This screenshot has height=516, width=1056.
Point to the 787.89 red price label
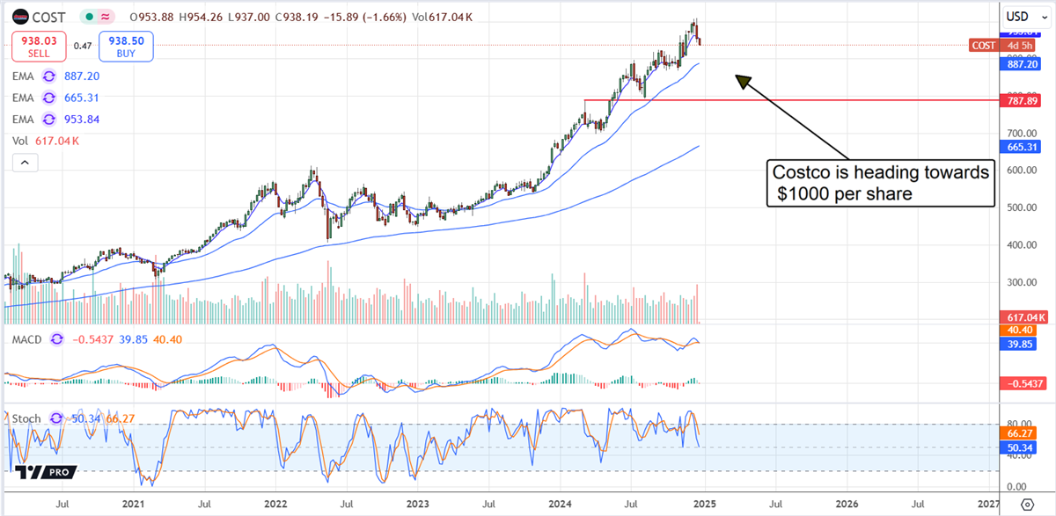click(x=1021, y=101)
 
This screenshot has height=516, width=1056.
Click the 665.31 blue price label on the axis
click(x=1021, y=146)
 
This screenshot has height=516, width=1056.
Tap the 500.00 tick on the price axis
click(x=1019, y=207)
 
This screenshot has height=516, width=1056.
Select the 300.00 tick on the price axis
click(x=1019, y=282)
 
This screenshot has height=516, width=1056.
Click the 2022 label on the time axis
click(x=275, y=505)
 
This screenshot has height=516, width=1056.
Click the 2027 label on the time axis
click(x=988, y=505)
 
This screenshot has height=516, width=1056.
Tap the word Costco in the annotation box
click(x=797, y=172)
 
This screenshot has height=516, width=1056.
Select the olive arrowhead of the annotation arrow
click(x=743, y=81)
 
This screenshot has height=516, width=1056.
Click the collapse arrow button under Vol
click(x=24, y=162)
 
